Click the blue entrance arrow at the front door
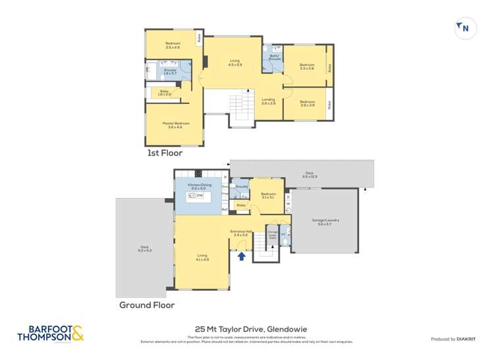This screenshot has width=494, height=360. [x=242, y=255]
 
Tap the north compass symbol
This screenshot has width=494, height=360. [x=464, y=28]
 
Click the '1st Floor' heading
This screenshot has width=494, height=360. [x=165, y=153]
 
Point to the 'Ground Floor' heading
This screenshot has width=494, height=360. [x=146, y=305]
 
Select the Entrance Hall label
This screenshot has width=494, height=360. [x=238, y=232]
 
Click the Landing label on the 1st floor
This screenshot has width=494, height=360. [x=268, y=101]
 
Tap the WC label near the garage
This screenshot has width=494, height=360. [x=283, y=233]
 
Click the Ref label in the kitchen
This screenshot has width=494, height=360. [x=225, y=209]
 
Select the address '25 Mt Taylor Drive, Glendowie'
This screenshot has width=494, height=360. [x=247, y=328]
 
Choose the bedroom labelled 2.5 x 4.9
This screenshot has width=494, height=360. [x=173, y=45]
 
